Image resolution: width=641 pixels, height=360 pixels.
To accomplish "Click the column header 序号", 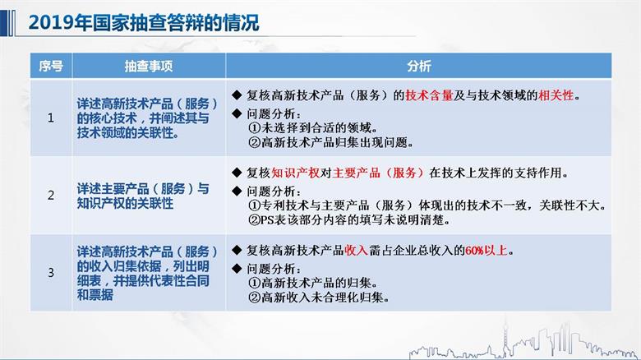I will pos(50,66).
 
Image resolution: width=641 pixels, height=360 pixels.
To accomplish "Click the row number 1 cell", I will pos(50,118).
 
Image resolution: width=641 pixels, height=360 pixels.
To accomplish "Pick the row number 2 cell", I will pos(50,196).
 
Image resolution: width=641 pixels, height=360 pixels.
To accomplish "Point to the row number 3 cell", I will pos(50,272).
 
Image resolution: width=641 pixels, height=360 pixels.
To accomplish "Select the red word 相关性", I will pos(560,95).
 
